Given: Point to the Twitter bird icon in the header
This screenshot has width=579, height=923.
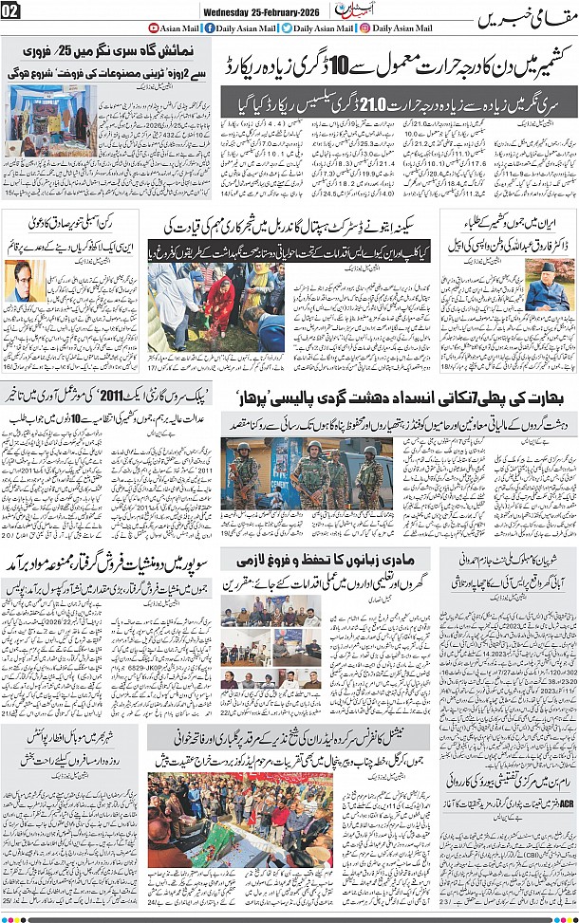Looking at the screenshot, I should [x=287, y=28].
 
